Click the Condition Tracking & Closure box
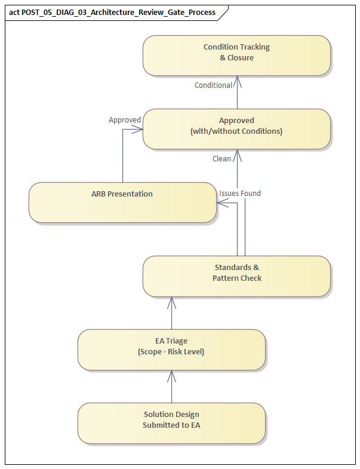(236, 55)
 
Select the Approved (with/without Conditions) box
(236, 128)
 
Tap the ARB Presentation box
(122, 203)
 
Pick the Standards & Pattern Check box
(236, 276)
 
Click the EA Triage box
(171, 350)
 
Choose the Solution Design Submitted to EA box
(171, 423)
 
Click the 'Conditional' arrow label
(213, 85)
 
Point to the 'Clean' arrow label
(221, 159)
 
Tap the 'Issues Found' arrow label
(240, 194)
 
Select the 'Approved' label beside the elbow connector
(125, 120)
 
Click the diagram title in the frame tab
(118, 12)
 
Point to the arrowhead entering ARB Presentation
(221, 203)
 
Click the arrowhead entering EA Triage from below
(171, 374)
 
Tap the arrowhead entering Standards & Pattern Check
(171, 301)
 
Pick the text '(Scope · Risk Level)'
(171, 352)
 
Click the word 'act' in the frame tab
(14, 12)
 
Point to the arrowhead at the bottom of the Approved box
(237, 154)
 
